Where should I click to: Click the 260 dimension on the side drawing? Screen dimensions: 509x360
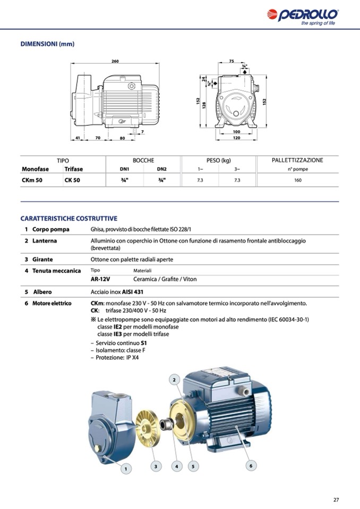[x=115, y=62]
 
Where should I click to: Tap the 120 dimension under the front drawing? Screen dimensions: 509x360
[x=236, y=138]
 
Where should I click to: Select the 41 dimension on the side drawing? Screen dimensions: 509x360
[x=77, y=138]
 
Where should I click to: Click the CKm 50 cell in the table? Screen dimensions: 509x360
[x=31, y=180]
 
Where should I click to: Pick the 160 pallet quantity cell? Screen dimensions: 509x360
[x=298, y=180]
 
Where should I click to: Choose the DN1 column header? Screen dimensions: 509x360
[x=125, y=169]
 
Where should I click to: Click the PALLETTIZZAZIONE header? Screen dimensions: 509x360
[x=297, y=160]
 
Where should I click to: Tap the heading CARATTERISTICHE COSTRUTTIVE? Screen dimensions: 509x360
[x=69, y=218]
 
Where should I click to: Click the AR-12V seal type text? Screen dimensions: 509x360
[x=100, y=279]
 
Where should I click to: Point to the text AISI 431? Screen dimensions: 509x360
[x=133, y=292]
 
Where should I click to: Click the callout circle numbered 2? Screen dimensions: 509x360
[x=175, y=379]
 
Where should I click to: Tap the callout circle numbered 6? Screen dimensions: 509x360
[x=251, y=465]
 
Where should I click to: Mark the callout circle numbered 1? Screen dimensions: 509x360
[x=126, y=469]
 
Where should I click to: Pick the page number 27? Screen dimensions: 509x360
[x=336, y=499]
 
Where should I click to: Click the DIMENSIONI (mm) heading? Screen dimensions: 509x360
[x=47, y=44]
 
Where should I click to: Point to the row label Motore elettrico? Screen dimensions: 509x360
[x=52, y=304]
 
